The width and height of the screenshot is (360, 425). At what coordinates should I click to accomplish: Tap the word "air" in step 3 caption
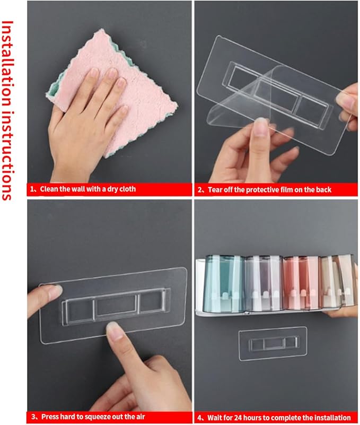(x=139, y=417)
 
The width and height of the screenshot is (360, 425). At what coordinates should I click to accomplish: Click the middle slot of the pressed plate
(x=115, y=307)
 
